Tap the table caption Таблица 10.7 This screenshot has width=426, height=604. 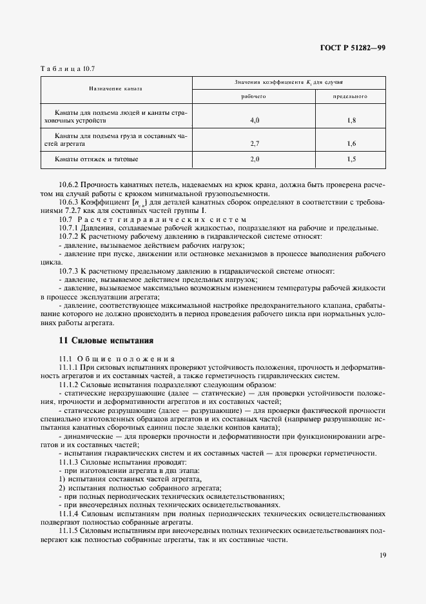click(x=68, y=68)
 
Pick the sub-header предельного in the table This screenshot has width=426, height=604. click(x=350, y=96)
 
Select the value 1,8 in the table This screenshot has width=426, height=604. click(x=351, y=120)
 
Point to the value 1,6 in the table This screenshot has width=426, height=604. click(x=351, y=144)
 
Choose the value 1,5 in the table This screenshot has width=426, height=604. click(x=351, y=159)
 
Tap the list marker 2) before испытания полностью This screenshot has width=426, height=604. click(x=62, y=488)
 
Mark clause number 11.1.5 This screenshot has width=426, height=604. click(x=69, y=530)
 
